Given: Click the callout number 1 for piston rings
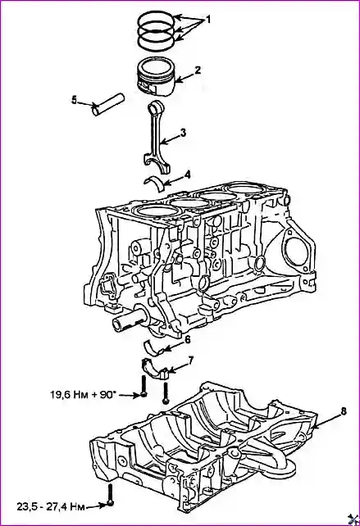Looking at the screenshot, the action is pos(207,20).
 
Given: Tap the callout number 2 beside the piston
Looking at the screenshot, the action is pos(198,70).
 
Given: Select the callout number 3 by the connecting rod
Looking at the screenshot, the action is pos(183,133).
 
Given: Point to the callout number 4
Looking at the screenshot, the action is pos(187,175).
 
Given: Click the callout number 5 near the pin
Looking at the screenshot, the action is pos(74,100).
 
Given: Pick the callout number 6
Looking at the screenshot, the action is pos(187,339).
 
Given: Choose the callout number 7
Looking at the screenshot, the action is pos(190,360).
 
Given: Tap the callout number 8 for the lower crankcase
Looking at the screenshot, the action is pos(344,411).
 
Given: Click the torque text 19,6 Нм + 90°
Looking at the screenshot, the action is pos(83,395).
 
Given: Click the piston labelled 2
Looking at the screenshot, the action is pos(157,77).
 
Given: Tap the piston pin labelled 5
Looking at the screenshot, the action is pos(108,105).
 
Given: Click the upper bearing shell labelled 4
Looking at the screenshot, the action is pos(154,183).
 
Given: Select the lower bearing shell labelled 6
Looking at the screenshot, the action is pos(154,347).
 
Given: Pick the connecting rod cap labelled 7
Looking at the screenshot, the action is pos(154,368).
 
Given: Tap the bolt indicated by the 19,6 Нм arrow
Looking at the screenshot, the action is pos(144,387).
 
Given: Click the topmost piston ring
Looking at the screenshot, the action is pos(157,20).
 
